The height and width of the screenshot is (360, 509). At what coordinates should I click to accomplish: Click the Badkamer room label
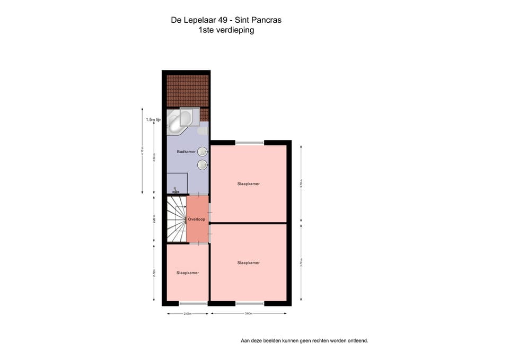tap(186, 152)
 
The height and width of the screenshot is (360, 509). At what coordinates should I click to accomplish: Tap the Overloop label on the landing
tap(196, 219)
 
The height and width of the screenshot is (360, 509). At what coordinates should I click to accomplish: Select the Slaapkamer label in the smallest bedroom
tap(188, 273)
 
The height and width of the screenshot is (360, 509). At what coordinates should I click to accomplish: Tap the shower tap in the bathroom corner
tap(176, 190)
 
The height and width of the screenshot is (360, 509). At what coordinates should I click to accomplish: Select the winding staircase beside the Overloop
tap(175, 219)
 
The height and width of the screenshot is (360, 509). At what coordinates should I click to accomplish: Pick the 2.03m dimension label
tap(188, 314)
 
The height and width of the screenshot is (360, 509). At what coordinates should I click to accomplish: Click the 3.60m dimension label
tap(249, 314)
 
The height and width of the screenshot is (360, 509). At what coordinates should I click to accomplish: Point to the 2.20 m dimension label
tap(154, 219)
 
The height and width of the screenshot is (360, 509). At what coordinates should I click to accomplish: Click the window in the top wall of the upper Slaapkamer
tap(249, 142)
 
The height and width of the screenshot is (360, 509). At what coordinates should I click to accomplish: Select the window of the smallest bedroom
tap(193, 303)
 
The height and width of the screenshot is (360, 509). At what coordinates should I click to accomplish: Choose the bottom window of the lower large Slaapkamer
tap(249, 303)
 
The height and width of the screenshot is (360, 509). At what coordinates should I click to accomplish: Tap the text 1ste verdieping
tap(226, 30)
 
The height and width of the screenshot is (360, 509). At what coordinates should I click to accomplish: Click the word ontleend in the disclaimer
tap(356, 340)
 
